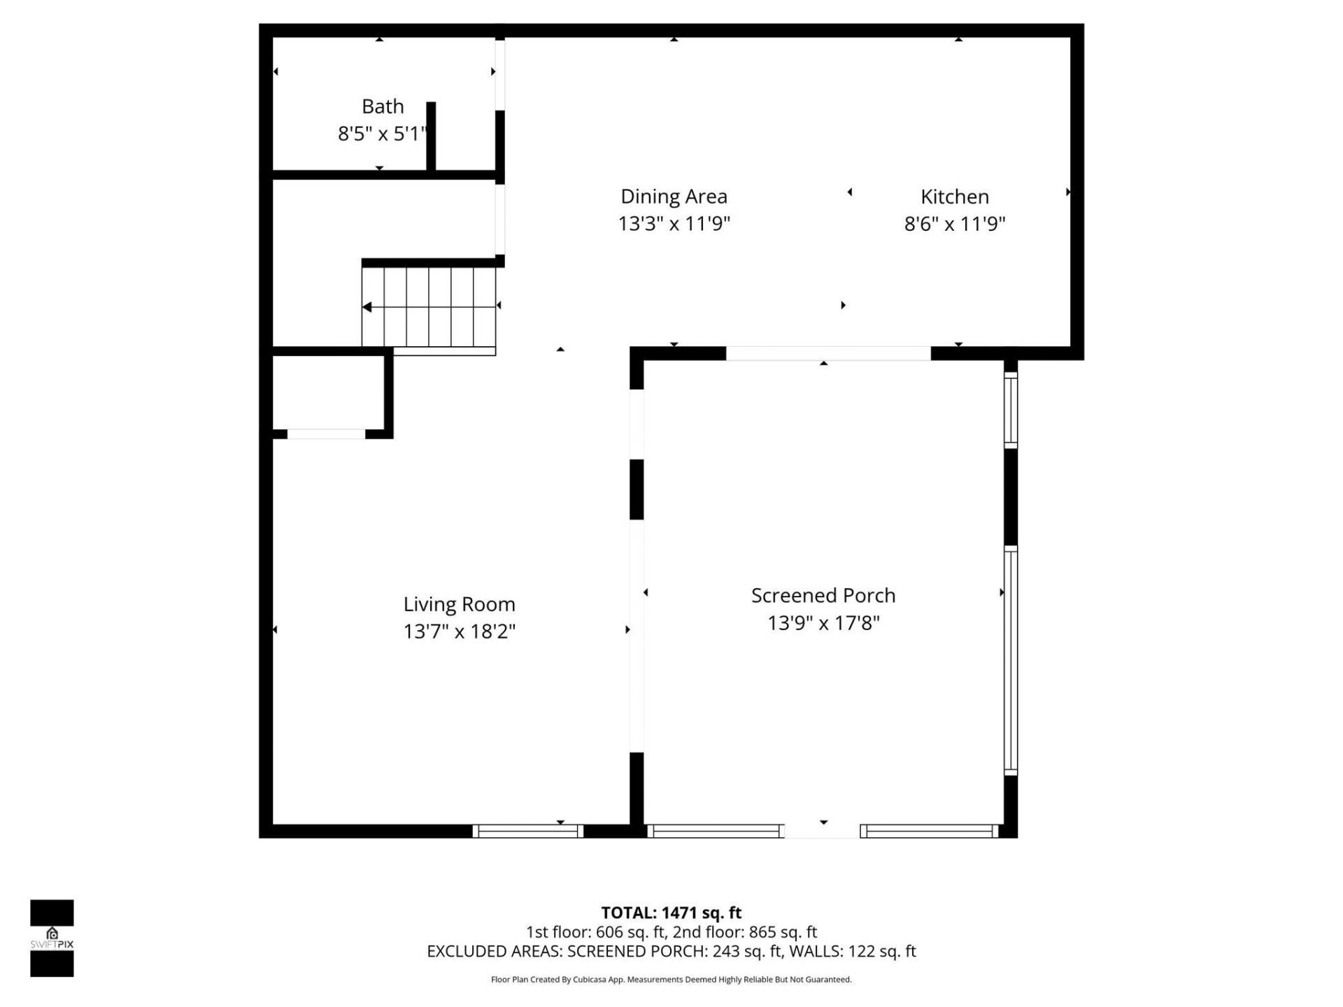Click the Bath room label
pos(383,106)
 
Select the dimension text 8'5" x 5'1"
pos(382,134)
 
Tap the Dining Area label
pos(674,197)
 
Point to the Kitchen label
pos(954,197)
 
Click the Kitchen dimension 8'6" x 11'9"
pos(954,224)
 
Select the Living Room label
pos(459,604)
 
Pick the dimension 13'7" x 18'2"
pos(459,631)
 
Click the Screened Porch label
pos(823,596)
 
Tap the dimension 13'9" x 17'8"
pos(823,623)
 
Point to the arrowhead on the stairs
pos(367,307)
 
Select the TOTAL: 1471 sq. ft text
pos(671,913)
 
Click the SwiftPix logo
pos(52,938)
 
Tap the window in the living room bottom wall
pos(527,831)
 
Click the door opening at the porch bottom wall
pos(822,831)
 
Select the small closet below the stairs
pos(327,393)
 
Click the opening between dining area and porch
pos(827,353)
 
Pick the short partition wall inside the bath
pos(431,136)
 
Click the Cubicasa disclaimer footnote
pos(671,980)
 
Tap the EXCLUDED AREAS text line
pos(671,951)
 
